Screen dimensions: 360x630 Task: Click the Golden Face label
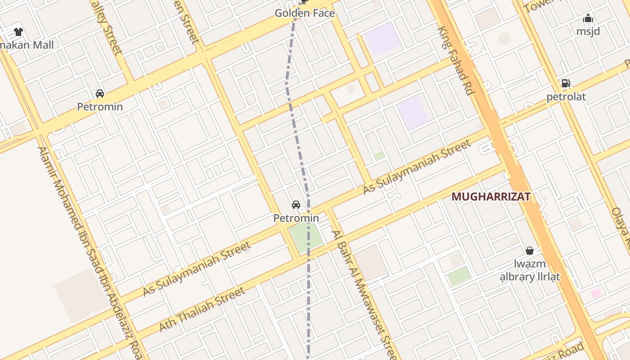pyautogui.click(x=305, y=13)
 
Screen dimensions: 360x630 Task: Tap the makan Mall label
pyautogui.click(x=27, y=45)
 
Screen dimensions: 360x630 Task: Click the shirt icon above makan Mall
pyautogui.click(x=18, y=32)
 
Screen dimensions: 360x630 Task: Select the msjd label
pyautogui.click(x=588, y=31)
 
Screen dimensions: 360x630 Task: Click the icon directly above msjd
pyautogui.click(x=588, y=18)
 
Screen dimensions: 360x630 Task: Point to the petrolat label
pyautogui.click(x=566, y=97)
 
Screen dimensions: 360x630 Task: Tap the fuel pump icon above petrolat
pyautogui.click(x=566, y=83)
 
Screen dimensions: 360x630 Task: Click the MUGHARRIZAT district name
pyautogui.click(x=491, y=197)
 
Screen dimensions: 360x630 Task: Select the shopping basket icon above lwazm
pyautogui.click(x=530, y=250)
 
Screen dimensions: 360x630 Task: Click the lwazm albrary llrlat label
pyautogui.click(x=530, y=270)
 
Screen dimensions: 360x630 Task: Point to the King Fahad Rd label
pyautogui.click(x=456, y=61)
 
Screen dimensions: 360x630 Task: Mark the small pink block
pyautogui.click(x=596, y=293)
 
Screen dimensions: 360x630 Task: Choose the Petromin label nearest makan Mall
pyautogui.click(x=99, y=107)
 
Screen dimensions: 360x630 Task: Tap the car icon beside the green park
pyautogui.click(x=296, y=205)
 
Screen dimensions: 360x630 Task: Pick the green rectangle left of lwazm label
pyautogui.click(x=459, y=275)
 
